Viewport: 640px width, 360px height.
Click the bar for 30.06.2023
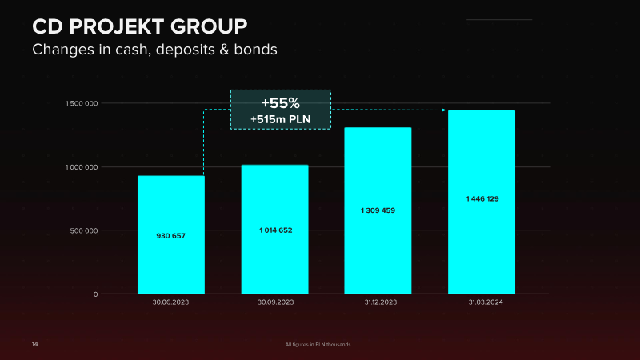(x=171, y=234)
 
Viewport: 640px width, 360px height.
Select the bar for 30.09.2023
(x=274, y=230)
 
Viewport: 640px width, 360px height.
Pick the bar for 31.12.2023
(x=378, y=210)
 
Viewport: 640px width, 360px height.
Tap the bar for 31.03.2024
(x=482, y=202)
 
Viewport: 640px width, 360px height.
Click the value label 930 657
(x=170, y=236)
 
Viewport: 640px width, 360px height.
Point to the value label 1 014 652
(x=275, y=230)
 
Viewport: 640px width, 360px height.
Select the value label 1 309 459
(x=378, y=210)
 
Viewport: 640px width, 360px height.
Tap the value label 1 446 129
(x=482, y=198)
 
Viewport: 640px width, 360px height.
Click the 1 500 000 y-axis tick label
(x=82, y=104)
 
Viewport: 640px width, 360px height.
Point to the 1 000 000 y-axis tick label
(x=82, y=167)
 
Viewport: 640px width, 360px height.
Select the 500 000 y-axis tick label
(x=84, y=230)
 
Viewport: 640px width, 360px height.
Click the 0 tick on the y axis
(x=95, y=294)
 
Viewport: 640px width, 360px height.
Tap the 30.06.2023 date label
(x=170, y=302)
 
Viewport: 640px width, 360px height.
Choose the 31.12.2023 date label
(x=381, y=302)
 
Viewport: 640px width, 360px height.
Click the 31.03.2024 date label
(x=486, y=302)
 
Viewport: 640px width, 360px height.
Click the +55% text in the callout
(x=281, y=103)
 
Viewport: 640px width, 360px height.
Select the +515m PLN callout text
(x=281, y=119)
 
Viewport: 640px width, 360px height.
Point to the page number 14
(x=34, y=344)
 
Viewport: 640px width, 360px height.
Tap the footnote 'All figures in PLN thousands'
(x=318, y=345)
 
